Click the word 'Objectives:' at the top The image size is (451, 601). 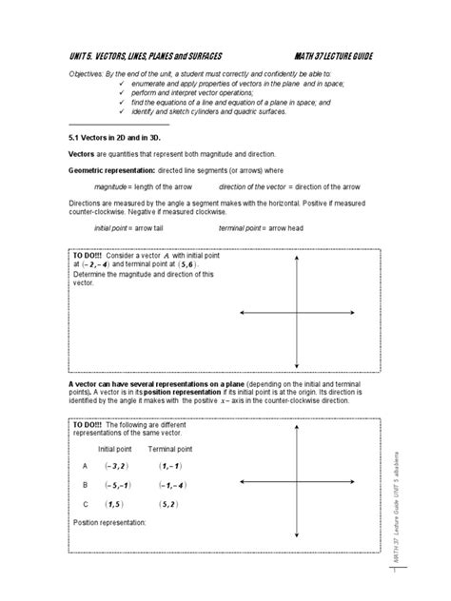tap(89, 73)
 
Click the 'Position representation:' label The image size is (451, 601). tap(109, 522)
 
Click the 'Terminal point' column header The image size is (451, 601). tap(170, 448)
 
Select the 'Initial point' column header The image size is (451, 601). tap(115, 448)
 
